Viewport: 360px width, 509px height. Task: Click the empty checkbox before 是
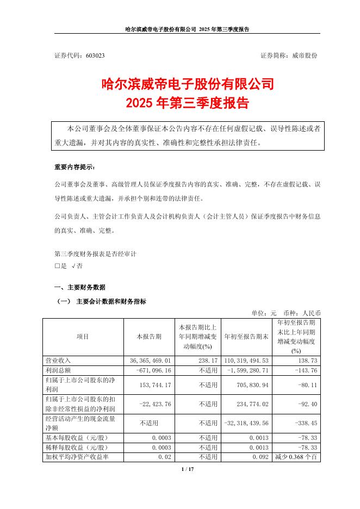[57, 266]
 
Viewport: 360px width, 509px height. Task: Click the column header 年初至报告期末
[246, 337]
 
